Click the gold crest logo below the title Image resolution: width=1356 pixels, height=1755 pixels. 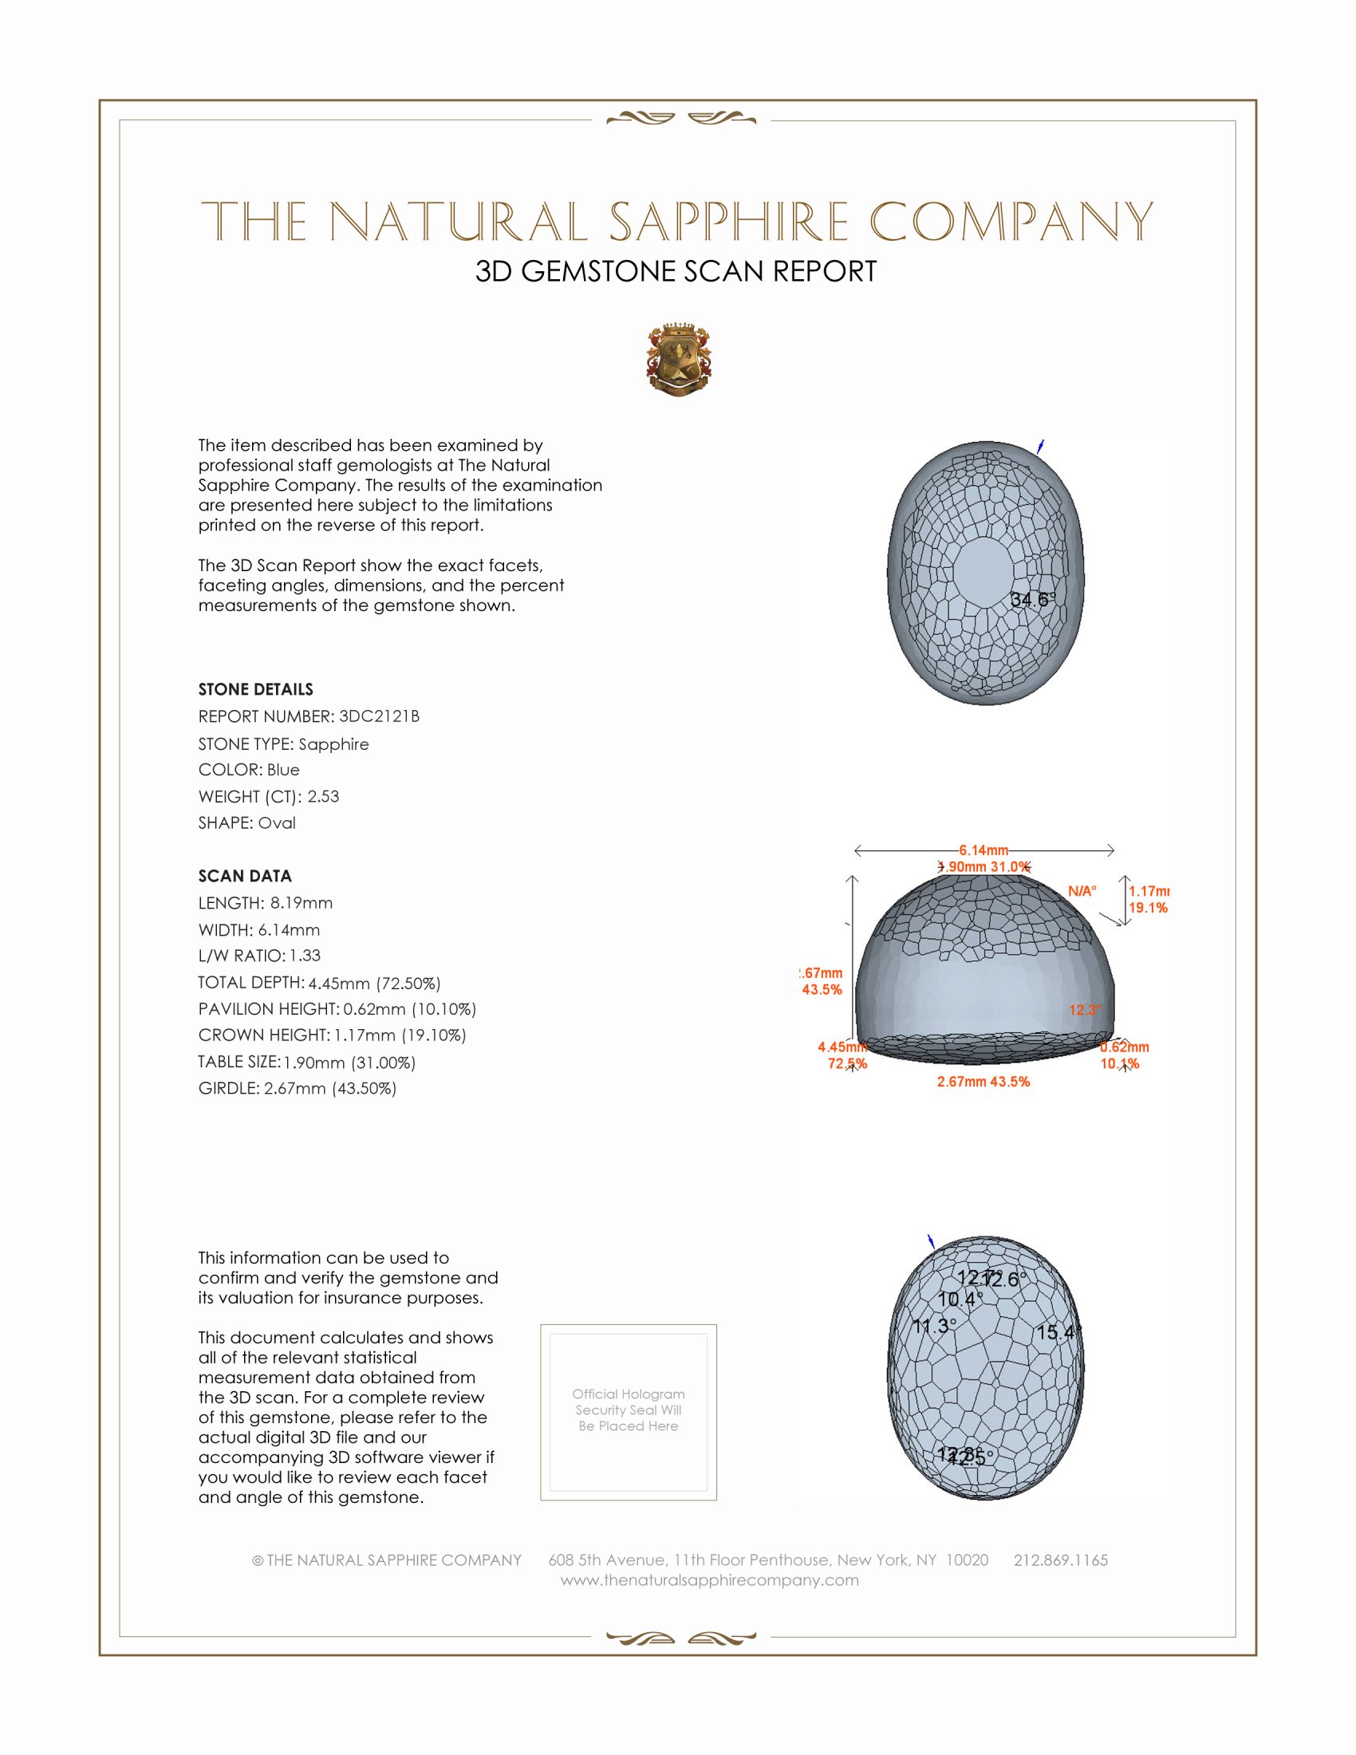(x=679, y=359)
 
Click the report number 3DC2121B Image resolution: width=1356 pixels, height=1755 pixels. (x=378, y=716)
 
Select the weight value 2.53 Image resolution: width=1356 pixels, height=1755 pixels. (x=323, y=796)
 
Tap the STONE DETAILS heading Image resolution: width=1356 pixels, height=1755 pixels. (x=255, y=689)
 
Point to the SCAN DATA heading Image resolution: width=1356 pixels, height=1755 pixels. (x=245, y=876)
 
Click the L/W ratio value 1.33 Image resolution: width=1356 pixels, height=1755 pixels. (x=305, y=956)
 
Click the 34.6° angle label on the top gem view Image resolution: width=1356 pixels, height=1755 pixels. (x=1032, y=599)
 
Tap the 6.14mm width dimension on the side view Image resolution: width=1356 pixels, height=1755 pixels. (x=983, y=850)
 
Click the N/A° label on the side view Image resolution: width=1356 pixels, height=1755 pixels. (x=1082, y=890)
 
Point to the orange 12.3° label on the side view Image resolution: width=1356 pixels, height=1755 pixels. (x=1085, y=1010)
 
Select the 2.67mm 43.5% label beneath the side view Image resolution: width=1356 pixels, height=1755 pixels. (x=983, y=1082)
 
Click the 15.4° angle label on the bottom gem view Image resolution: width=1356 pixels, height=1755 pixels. (x=1058, y=1332)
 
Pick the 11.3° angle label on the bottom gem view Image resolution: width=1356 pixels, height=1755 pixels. (x=934, y=1326)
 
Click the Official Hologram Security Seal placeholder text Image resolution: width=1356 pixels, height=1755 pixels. (x=629, y=1410)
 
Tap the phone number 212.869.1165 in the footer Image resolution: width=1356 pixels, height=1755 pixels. (x=1060, y=1560)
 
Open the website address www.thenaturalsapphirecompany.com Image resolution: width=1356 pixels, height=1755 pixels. (x=709, y=1579)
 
